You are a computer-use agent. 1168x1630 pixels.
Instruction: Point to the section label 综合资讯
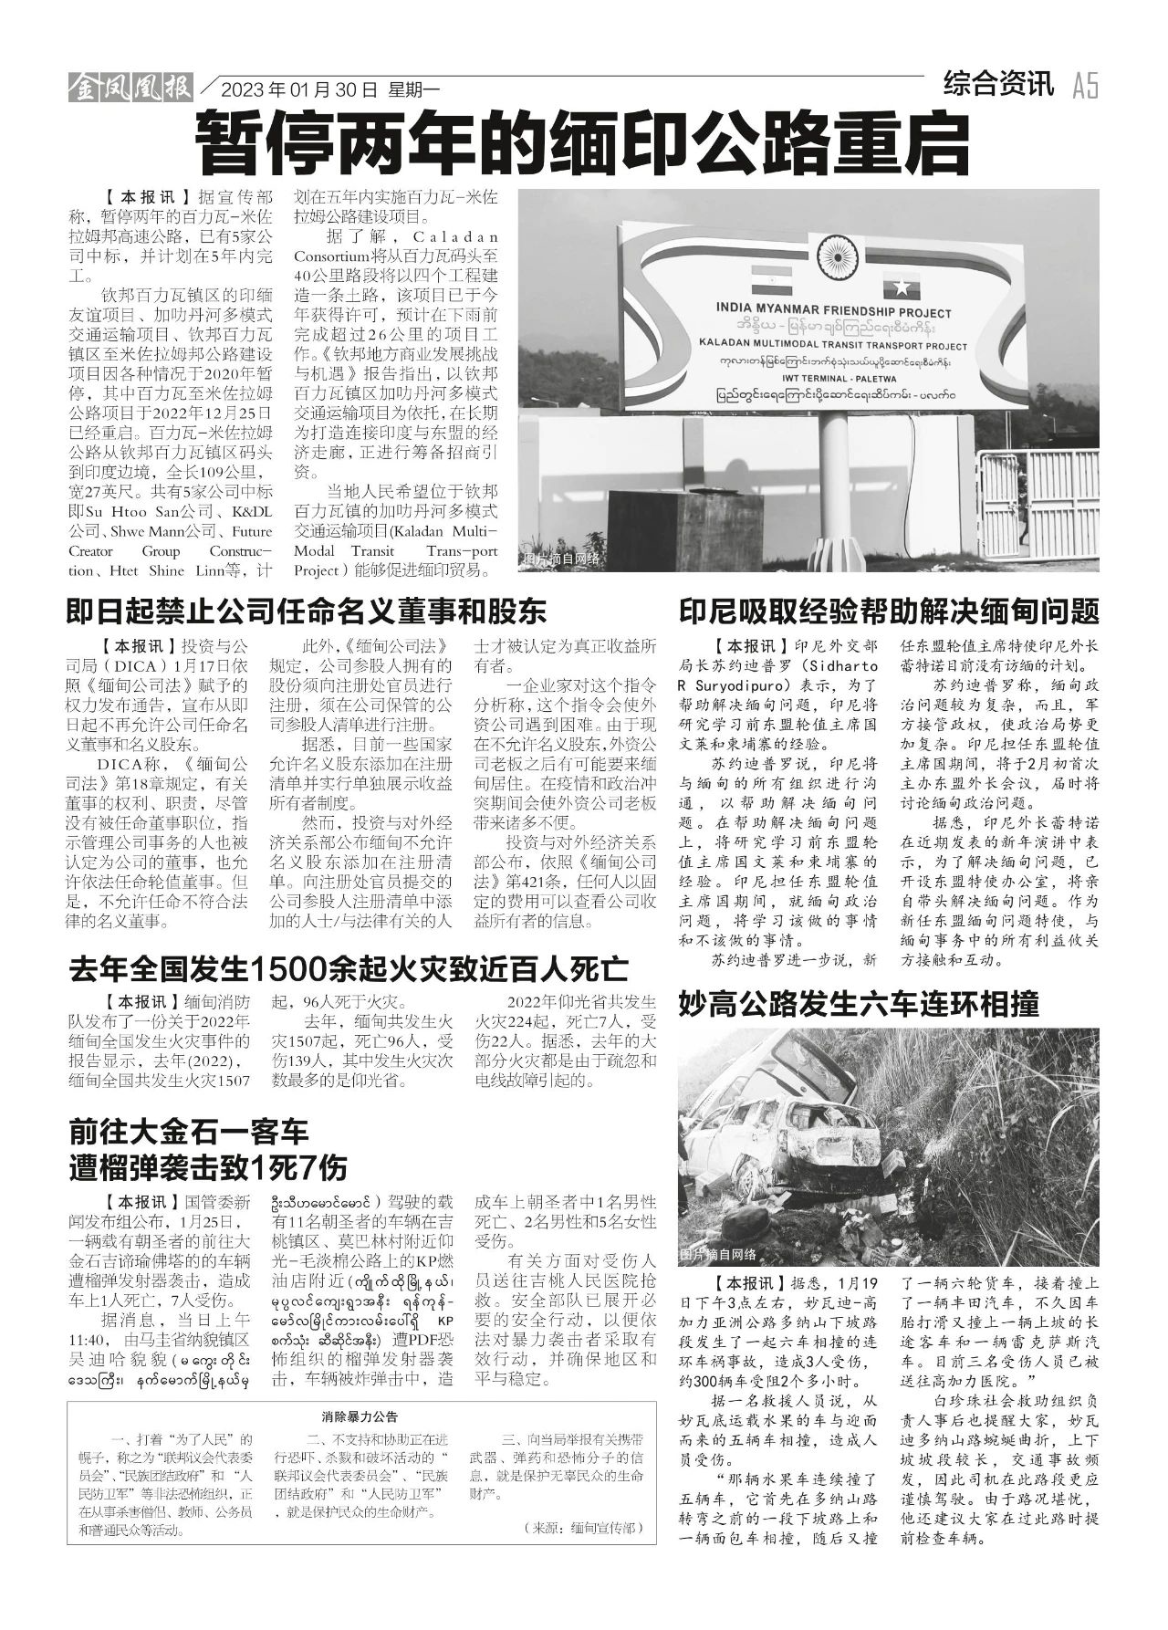click(x=998, y=86)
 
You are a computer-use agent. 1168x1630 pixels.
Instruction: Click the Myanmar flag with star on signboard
click(x=902, y=286)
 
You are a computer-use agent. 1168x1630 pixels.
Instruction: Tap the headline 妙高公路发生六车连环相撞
click(x=859, y=1005)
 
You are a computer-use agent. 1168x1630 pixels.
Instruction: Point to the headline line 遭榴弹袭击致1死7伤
click(x=208, y=1167)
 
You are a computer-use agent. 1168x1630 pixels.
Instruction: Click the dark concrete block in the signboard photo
click(x=652, y=524)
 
